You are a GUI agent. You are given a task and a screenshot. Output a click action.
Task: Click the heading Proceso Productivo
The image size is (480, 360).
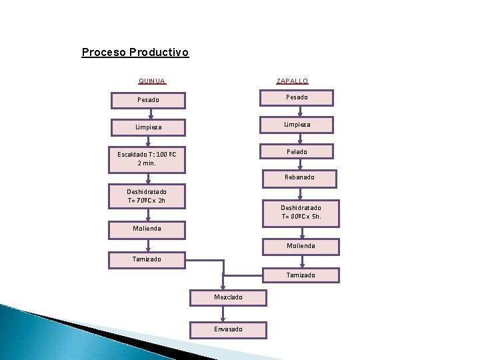(x=135, y=52)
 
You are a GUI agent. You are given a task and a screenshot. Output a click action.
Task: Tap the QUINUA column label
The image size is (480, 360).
(x=152, y=81)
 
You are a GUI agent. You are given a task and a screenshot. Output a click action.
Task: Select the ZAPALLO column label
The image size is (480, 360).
(x=293, y=81)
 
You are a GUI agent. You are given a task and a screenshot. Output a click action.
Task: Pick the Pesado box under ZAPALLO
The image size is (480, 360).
(x=297, y=97)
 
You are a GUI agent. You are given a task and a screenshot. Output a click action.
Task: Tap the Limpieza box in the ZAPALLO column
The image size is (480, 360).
(x=297, y=125)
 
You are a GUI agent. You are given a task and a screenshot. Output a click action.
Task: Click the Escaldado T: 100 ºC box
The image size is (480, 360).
(x=147, y=159)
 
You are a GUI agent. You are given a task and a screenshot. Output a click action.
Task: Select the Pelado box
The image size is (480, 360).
(x=297, y=152)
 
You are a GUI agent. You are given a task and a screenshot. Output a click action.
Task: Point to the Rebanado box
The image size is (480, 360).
(x=300, y=178)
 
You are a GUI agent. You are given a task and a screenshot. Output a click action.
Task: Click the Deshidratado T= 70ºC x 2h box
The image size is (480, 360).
(x=147, y=196)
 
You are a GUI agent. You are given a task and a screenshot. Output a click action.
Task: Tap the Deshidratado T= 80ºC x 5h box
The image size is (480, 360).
(x=301, y=213)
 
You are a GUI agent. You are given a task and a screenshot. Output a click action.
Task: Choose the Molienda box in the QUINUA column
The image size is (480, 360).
(x=147, y=229)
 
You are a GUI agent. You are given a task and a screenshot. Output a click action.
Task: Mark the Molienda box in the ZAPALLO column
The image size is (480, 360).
(x=301, y=246)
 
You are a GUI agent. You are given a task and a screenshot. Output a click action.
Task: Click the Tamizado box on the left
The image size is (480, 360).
(x=147, y=259)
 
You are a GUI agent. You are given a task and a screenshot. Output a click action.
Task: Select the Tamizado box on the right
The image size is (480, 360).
(x=301, y=275)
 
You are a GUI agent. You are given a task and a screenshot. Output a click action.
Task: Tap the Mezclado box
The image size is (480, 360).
(x=228, y=297)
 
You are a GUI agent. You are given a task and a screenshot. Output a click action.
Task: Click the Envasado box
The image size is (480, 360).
(x=228, y=329)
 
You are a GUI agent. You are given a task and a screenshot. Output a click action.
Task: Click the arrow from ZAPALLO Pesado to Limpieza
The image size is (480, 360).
(x=301, y=111)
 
